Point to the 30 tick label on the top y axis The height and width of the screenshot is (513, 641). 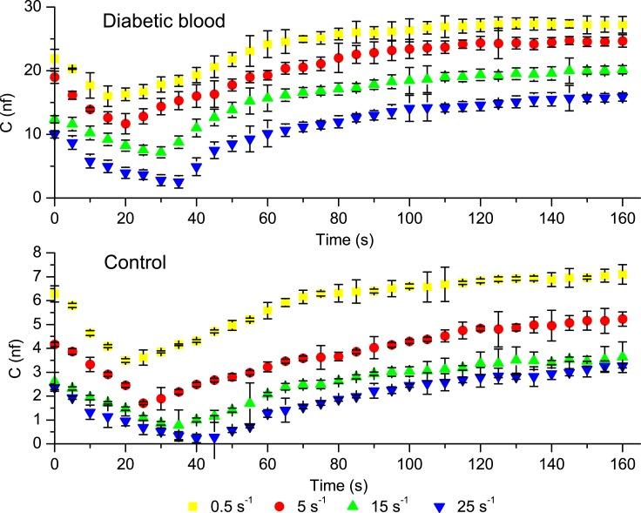tap(35, 6)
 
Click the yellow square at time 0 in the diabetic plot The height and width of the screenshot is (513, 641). tap(54, 58)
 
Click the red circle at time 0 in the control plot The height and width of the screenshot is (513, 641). tap(54, 345)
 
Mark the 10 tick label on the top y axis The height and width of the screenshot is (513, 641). tap(35, 133)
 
